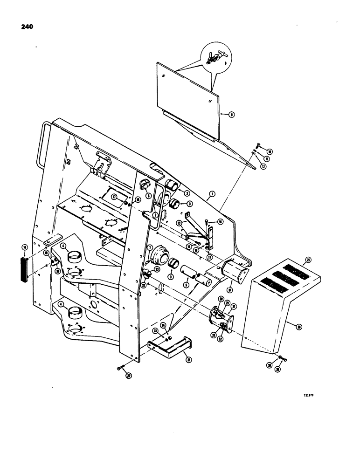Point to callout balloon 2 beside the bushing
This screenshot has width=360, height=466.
(x=186, y=192)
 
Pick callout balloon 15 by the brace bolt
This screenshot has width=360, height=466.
(x=221, y=222)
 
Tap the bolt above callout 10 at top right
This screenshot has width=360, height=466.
(x=258, y=147)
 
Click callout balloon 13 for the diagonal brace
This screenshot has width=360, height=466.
(x=180, y=223)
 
